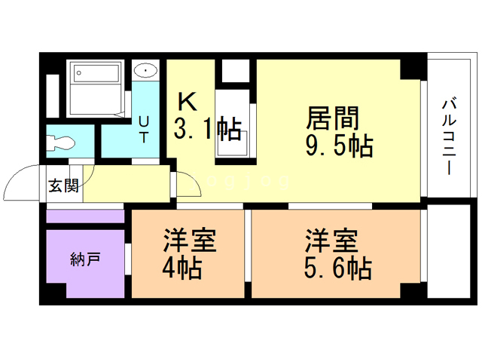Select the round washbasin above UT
click(x=145, y=72)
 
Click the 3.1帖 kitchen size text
click(x=207, y=128)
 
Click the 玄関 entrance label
click(x=64, y=186)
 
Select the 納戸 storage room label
click(x=84, y=261)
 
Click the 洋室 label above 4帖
click(x=189, y=241)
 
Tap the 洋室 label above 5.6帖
click(x=331, y=241)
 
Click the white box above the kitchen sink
click(x=236, y=69)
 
